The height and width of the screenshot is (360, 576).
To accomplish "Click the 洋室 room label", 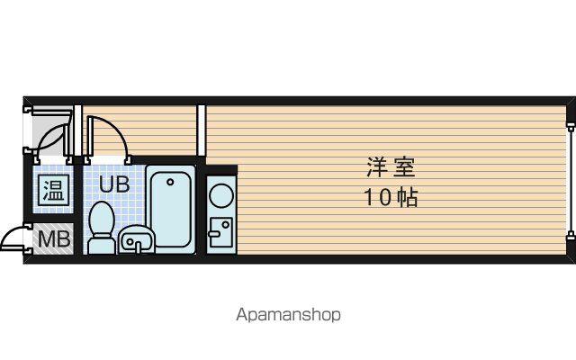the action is pos(391,167).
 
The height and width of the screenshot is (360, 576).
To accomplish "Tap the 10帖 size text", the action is pos(391,197).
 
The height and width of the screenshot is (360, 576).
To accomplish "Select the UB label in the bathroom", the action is pos(114,184).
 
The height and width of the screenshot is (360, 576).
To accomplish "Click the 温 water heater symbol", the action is pos(54,190).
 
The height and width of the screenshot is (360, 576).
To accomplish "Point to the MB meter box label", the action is pos(54,238).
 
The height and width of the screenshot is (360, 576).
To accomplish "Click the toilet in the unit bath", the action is pos(102,228).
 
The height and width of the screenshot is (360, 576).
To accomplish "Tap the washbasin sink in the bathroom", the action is pos(136,240).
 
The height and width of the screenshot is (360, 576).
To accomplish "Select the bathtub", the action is pos(170,210).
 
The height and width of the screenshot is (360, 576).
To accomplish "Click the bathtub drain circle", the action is pos(170,182).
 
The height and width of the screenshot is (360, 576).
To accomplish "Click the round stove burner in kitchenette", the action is pos(221,195).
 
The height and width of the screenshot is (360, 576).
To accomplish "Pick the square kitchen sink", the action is pos(220,232).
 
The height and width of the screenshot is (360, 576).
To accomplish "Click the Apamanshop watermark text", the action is pos(288,315).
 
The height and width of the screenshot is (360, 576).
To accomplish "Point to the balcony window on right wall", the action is pos(571,182).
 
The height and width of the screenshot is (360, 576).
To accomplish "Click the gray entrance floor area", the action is pos(48,132).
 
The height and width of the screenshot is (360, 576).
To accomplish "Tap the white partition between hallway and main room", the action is pos(201,130).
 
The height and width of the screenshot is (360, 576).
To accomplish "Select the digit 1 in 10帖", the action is pos(368,197).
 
